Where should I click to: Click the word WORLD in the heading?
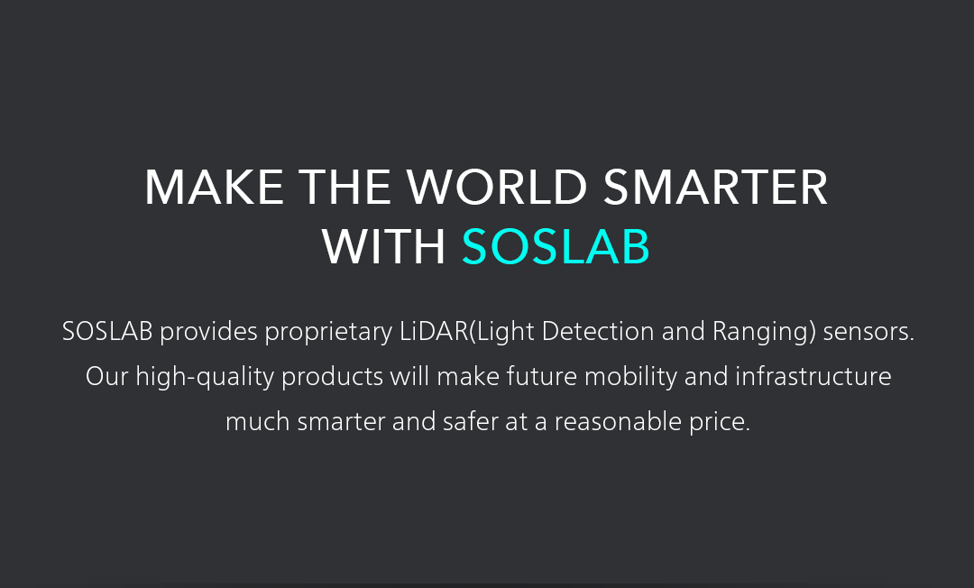click(x=496, y=187)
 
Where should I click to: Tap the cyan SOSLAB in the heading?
click(x=556, y=246)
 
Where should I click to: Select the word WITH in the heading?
click(x=384, y=246)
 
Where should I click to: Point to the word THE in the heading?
click(x=345, y=187)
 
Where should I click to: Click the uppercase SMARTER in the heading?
click(x=715, y=187)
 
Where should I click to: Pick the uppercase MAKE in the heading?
click(x=215, y=187)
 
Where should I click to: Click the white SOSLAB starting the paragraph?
click(x=107, y=331)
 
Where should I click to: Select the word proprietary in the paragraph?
click(x=328, y=332)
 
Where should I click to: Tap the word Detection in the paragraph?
click(x=598, y=331)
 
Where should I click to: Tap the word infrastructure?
click(x=813, y=376)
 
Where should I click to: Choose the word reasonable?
click(x=618, y=421)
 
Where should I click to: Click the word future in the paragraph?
click(x=542, y=376)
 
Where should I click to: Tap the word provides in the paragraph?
click(x=208, y=332)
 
